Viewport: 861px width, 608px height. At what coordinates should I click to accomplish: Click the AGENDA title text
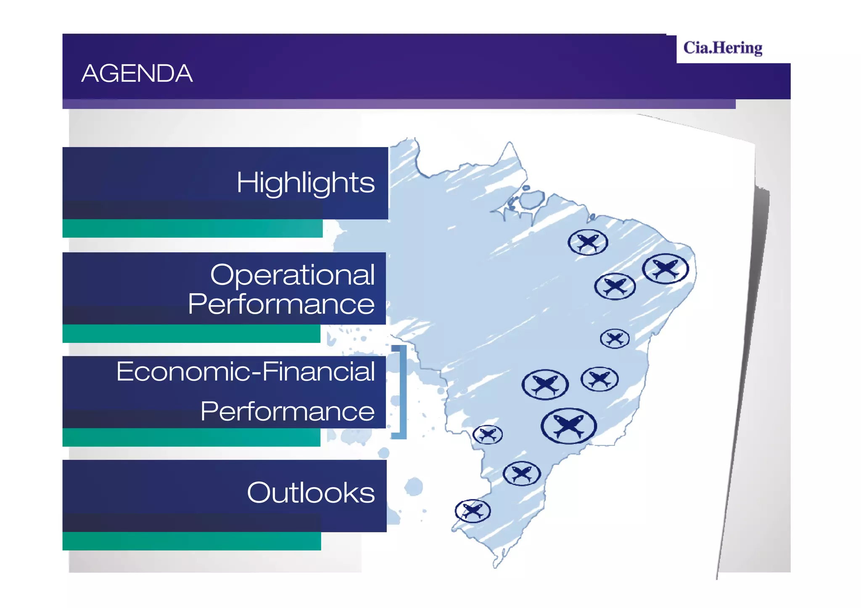pos(137,74)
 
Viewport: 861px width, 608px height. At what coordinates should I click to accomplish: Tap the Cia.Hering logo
pos(722,48)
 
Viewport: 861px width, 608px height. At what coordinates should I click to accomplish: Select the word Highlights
pos(305,183)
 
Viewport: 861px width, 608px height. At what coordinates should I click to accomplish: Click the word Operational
pos(292,275)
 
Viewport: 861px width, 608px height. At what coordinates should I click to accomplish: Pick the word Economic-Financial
pos(246,371)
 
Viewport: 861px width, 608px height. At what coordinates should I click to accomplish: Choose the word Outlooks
pos(311,492)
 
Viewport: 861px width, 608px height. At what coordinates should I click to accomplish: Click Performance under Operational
pos(281,304)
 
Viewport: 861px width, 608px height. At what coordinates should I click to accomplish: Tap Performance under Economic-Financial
pos(287,411)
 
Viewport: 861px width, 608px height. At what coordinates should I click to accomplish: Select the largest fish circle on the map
pos(568,426)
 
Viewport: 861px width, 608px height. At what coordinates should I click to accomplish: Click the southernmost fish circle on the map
pos(473,511)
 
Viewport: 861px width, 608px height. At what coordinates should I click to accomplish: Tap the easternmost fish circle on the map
pos(665,268)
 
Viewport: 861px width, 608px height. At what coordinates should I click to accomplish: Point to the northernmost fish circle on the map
pos(588,242)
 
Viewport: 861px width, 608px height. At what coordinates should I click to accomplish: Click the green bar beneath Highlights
pos(193,229)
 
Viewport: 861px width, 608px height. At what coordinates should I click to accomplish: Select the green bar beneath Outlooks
pos(192,541)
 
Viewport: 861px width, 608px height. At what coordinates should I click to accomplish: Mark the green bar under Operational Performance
pos(191,334)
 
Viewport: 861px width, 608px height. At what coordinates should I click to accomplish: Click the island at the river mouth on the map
pos(532,199)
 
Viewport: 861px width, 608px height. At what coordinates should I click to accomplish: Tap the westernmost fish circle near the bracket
pos(487,434)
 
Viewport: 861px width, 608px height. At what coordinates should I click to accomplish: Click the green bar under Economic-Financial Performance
pos(191,437)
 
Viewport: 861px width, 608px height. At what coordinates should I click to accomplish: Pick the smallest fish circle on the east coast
pos(615,338)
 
